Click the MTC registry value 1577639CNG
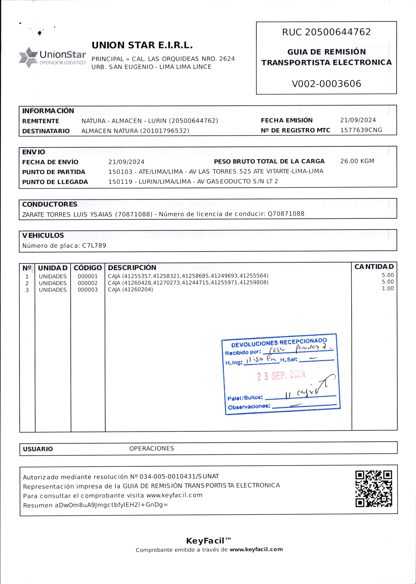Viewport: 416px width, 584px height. pos(361,130)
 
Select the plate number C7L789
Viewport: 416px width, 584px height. pos(94,246)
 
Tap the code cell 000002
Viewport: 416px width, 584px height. pos(88,283)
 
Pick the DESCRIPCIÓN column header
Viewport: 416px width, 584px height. pos(132,268)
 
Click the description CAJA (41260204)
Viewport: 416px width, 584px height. pos(130,290)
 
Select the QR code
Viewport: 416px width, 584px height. pos(373,489)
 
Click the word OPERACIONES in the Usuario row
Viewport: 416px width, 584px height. pos(151,449)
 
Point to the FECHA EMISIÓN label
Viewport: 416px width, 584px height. pos(287,120)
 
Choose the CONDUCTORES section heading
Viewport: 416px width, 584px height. pos(50,204)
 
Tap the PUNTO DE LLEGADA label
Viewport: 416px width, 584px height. pos(55,182)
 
